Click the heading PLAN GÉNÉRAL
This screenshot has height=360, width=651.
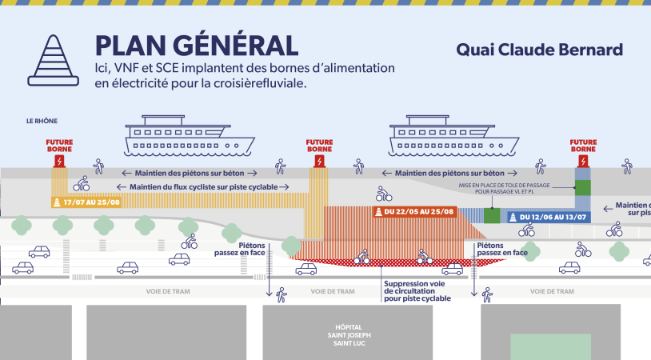tap(196, 46)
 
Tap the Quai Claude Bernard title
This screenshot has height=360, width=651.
tap(539, 50)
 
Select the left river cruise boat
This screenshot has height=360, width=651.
tap(190, 142)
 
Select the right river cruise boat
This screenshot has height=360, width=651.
tap(453, 142)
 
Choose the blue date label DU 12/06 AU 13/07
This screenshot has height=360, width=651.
tap(547, 217)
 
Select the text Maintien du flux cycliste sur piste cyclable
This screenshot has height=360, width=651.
tap(213, 187)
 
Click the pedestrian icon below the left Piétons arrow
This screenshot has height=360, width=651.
tap(281, 295)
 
